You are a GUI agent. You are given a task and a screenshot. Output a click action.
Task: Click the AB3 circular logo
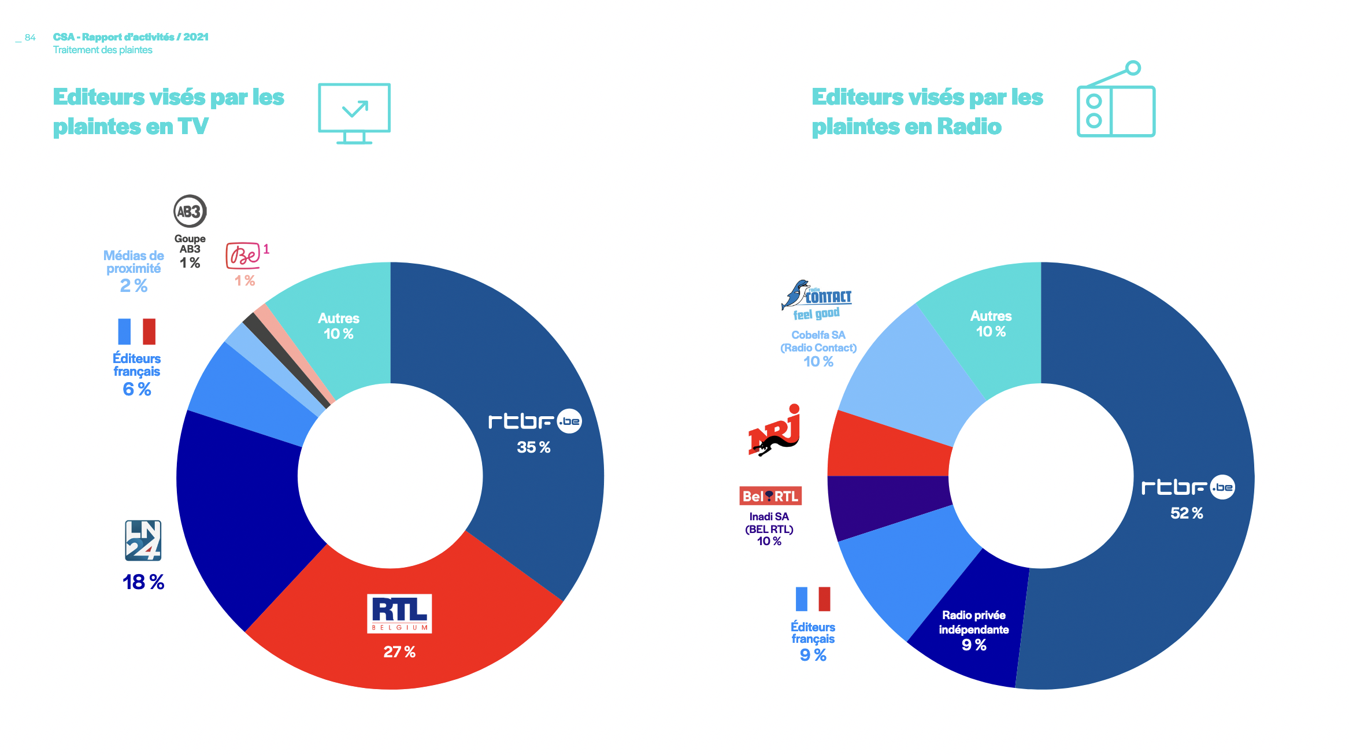(190, 212)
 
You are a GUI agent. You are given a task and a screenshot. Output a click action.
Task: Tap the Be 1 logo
(243, 256)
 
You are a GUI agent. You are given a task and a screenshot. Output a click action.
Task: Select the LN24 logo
(143, 541)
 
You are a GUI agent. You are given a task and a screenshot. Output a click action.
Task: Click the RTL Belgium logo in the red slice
(399, 613)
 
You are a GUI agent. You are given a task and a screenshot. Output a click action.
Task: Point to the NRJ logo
(774, 431)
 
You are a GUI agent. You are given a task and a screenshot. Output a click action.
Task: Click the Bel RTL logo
(770, 496)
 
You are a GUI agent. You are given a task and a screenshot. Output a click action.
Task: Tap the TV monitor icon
(354, 113)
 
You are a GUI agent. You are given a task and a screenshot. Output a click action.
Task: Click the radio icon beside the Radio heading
(1115, 101)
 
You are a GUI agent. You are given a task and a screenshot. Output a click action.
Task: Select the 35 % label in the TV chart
(533, 447)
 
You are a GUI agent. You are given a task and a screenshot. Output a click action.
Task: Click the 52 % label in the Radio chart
(1187, 513)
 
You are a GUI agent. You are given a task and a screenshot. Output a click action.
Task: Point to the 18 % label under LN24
(143, 582)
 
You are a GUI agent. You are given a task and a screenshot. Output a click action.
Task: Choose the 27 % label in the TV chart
(399, 652)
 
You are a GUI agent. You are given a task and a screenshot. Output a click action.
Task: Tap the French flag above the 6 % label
(137, 331)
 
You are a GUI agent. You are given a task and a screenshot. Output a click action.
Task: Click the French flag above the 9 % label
(813, 599)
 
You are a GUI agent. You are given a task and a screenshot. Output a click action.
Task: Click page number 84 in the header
(30, 38)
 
